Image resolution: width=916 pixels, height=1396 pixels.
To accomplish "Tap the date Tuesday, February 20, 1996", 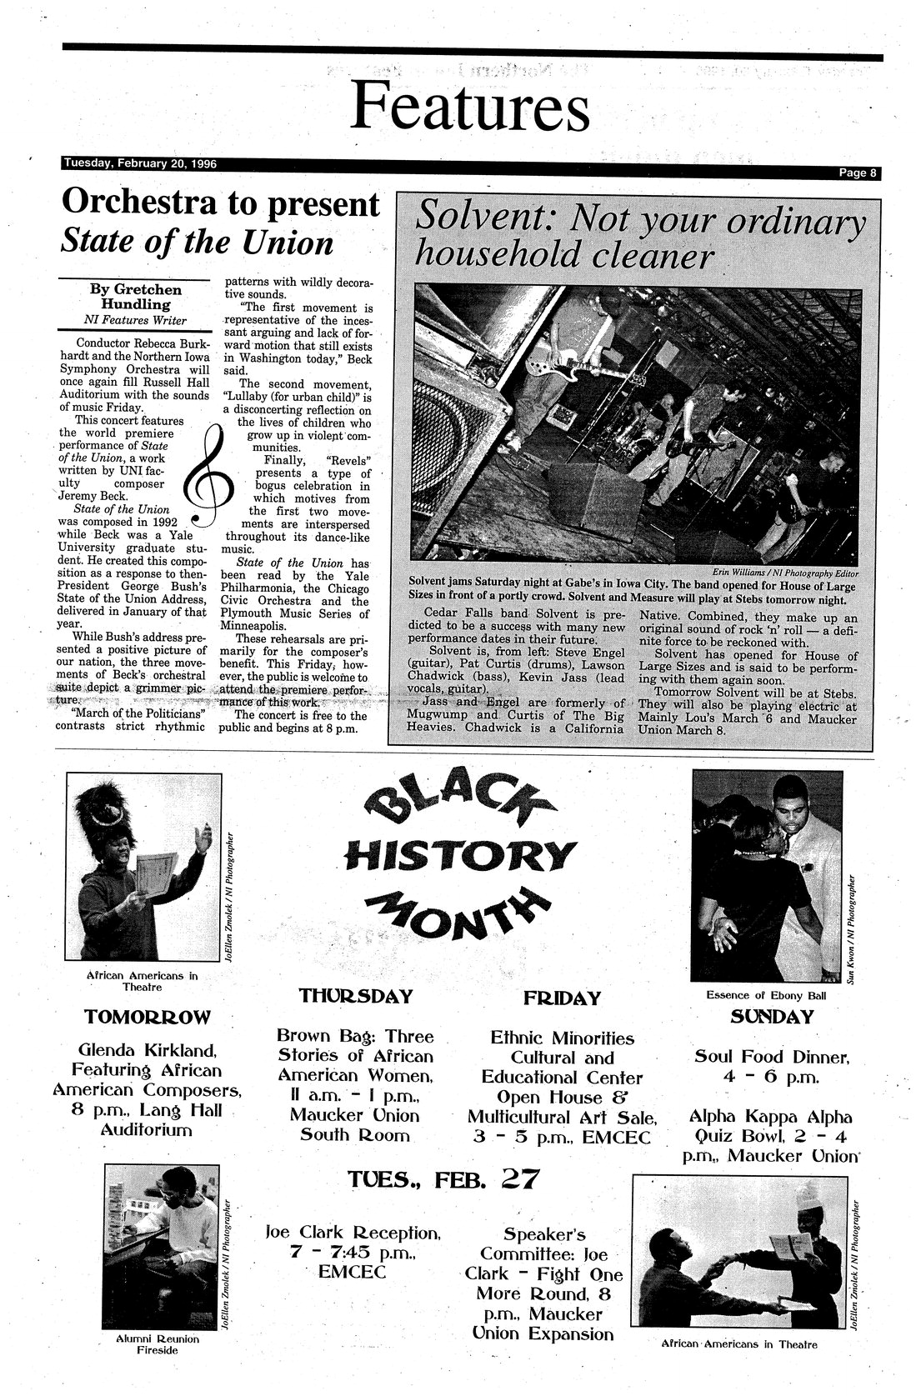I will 140,163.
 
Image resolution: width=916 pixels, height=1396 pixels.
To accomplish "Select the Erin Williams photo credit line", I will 787,572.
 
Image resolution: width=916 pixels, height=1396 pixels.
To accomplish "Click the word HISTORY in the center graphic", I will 459,853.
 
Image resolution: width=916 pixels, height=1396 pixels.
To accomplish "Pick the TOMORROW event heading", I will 147,1016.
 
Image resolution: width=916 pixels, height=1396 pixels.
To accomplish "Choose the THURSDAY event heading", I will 356,996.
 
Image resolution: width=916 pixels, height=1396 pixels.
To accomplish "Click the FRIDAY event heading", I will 562,998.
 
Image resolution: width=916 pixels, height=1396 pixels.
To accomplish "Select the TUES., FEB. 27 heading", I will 443,1179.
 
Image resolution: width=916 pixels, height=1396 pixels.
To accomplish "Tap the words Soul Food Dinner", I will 772,1057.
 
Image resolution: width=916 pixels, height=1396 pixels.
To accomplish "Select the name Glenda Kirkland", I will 147,1049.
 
